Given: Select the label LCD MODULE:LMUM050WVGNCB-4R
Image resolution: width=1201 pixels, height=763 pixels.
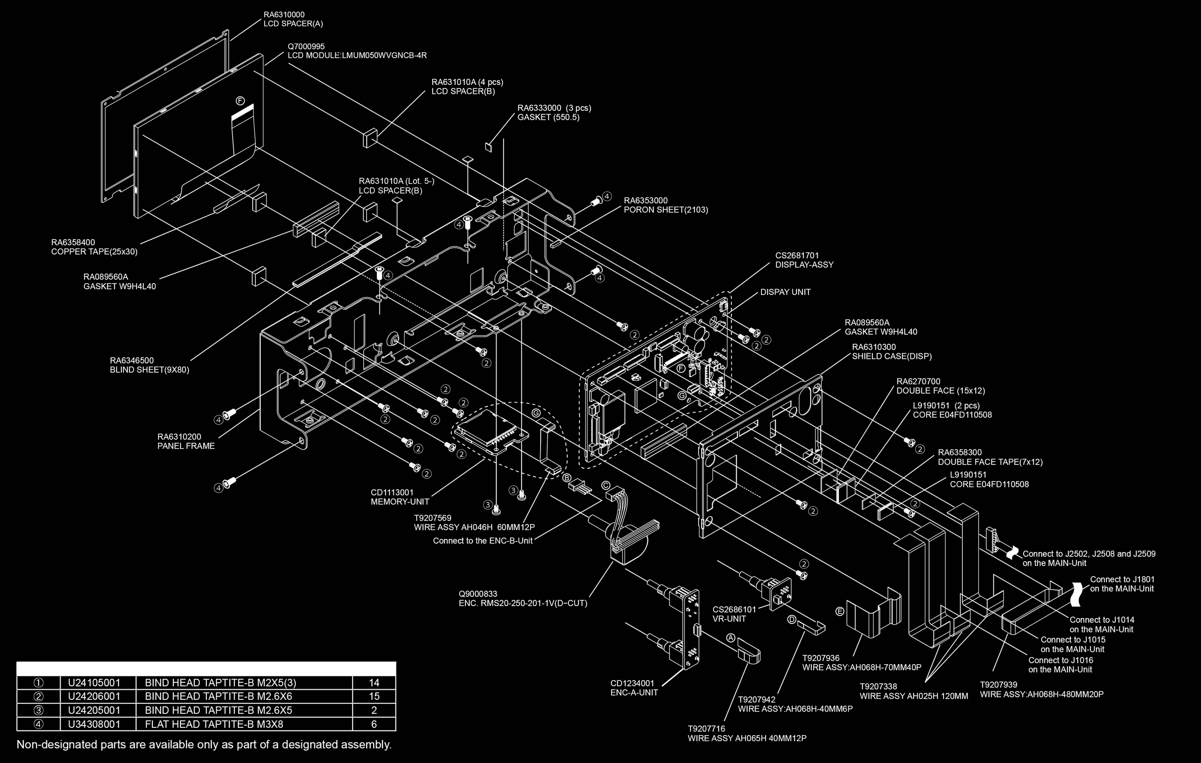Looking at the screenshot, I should tap(357, 55).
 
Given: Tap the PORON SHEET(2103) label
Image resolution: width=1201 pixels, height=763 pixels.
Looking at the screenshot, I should tap(665, 210).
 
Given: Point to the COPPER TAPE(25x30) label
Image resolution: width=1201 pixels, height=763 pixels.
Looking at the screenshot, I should tap(94, 252).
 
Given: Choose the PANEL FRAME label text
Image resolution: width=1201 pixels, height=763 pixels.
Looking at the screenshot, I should tap(186, 446).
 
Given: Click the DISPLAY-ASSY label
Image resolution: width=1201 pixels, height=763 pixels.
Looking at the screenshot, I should tap(804, 265).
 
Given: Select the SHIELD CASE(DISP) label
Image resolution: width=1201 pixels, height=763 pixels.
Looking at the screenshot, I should tap(892, 356).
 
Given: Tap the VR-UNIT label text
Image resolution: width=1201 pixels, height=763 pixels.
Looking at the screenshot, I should tap(729, 619).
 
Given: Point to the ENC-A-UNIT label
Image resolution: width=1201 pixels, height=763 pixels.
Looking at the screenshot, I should tap(634, 692).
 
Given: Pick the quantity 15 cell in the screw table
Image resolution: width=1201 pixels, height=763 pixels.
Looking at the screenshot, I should tap(374, 696).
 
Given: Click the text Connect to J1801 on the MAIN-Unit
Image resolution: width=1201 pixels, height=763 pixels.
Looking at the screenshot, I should tap(1122, 584).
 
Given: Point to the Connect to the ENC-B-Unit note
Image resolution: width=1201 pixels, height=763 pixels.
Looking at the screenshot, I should tap(482, 541).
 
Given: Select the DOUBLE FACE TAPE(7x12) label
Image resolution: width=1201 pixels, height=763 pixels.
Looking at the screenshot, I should tap(990, 462).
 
